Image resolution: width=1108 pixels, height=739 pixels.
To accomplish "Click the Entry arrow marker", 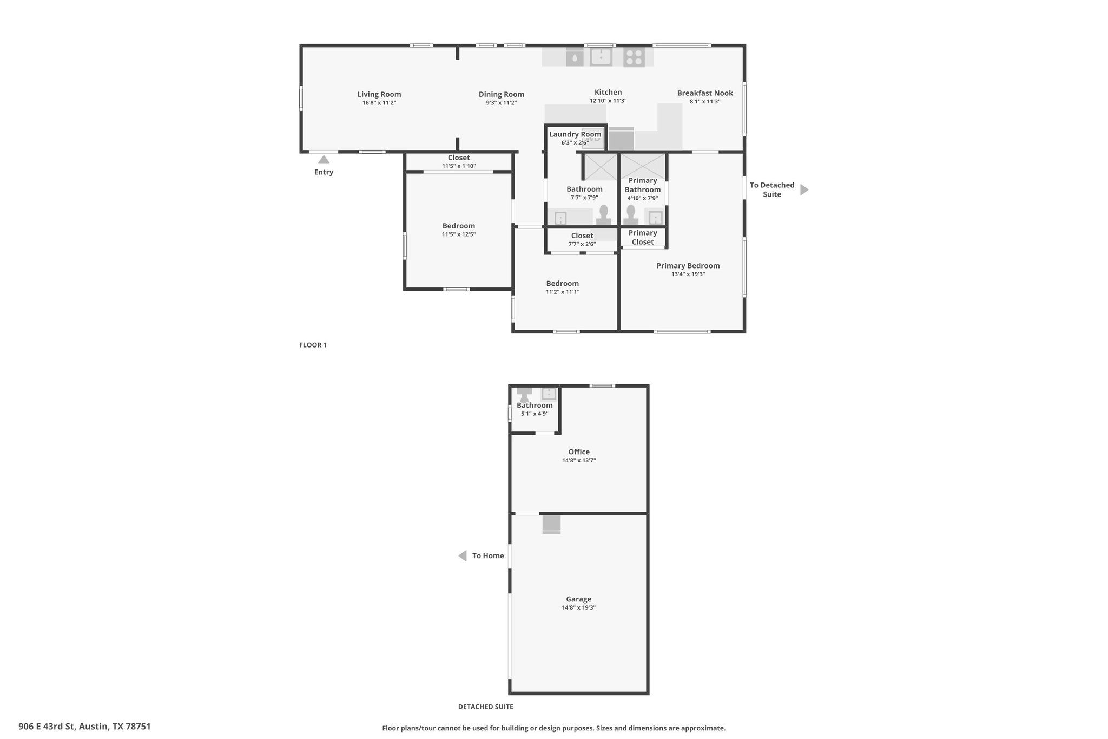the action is pyautogui.click(x=324, y=159).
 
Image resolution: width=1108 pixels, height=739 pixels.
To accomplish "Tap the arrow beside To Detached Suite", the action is pyautogui.click(x=804, y=190).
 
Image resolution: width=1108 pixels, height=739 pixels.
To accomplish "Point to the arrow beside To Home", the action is pyautogui.click(x=463, y=556).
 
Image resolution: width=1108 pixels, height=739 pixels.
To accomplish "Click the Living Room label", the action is pyautogui.click(x=379, y=94).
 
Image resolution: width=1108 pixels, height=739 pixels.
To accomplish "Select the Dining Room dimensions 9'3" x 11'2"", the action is pyautogui.click(x=502, y=103).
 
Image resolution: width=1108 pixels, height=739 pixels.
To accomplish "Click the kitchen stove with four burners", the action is pyautogui.click(x=634, y=57).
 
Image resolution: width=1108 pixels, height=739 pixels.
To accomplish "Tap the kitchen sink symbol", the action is pyautogui.click(x=601, y=56).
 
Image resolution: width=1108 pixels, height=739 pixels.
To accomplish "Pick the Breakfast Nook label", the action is pyautogui.click(x=705, y=93).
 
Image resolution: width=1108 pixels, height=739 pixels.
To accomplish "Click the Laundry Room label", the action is pyautogui.click(x=575, y=134).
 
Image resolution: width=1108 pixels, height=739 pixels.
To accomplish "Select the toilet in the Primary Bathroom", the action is pyautogui.click(x=631, y=215).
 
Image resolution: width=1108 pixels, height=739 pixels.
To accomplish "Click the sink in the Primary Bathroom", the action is pyautogui.click(x=655, y=218).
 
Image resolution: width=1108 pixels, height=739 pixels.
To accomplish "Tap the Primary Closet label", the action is pyautogui.click(x=643, y=238).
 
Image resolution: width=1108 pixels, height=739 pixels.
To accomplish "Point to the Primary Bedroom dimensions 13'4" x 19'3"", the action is pyautogui.click(x=688, y=274).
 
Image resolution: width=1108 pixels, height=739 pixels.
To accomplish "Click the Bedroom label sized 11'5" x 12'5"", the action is pyautogui.click(x=459, y=226).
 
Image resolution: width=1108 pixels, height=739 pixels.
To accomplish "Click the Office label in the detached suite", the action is pyautogui.click(x=579, y=452).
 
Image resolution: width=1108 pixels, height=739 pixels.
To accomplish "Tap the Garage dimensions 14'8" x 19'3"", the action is pyautogui.click(x=579, y=608).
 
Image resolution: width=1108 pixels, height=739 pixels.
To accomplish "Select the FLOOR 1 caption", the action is pyautogui.click(x=313, y=345).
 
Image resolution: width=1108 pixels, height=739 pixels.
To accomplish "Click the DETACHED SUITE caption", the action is pyautogui.click(x=486, y=707).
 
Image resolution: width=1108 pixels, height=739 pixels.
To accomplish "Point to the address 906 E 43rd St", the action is pyautogui.click(x=48, y=727).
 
